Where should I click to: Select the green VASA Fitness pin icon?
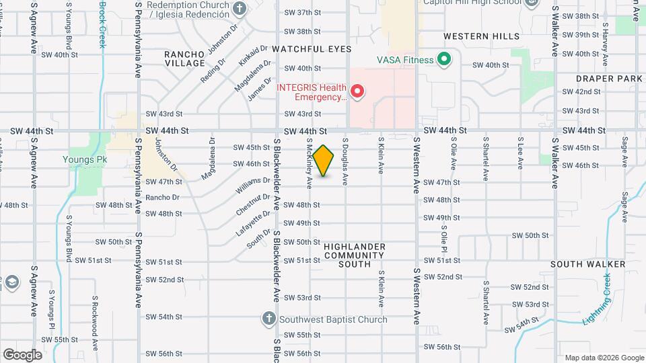coord(443,60)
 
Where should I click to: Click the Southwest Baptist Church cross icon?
coord(268,319)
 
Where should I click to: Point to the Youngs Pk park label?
coord(85,160)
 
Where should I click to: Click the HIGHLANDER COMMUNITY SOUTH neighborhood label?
coord(355,255)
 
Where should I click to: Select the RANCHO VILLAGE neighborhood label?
coord(185,58)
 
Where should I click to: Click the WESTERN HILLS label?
coord(481,36)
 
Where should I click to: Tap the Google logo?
coord(22,355)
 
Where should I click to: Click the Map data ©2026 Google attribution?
coord(604,358)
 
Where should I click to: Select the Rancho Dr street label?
coord(162,198)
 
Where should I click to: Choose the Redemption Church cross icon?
coord(239,10)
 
